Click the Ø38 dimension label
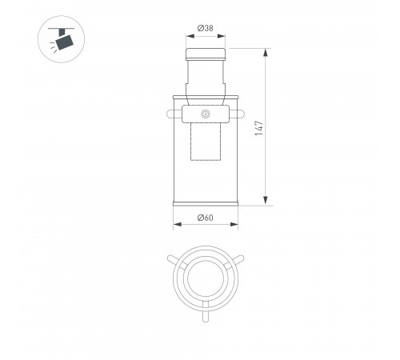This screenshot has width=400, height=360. tap(206, 28)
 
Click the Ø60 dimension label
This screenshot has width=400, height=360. tap(206, 218)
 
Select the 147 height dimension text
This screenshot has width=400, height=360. tap(259, 128)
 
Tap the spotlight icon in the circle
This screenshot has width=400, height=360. tap(62, 38)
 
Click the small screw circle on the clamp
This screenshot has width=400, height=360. tap(206, 114)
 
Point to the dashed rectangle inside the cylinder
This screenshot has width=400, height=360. tap(206, 142)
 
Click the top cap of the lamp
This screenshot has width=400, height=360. tap(206, 54)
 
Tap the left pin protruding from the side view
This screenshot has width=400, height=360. tap(170, 114)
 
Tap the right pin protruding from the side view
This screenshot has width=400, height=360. tap(241, 114)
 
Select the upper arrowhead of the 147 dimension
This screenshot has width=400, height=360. tap(266, 53)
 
